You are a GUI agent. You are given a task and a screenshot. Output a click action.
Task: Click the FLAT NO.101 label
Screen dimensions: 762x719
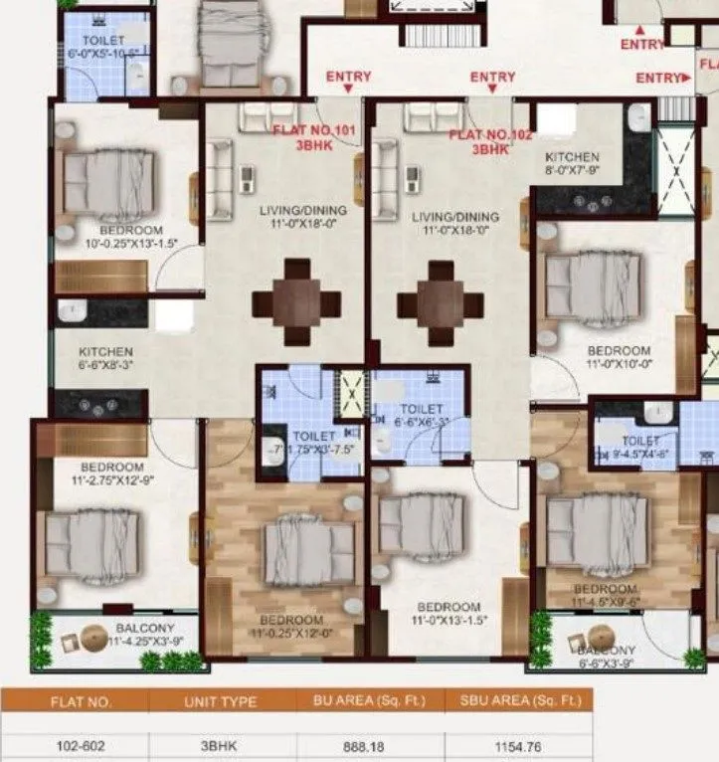[x=314, y=131]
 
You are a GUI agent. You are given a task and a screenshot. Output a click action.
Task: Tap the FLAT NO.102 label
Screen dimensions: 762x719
[x=491, y=135]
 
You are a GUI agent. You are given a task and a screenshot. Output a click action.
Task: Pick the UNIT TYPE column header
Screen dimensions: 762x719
[x=222, y=701]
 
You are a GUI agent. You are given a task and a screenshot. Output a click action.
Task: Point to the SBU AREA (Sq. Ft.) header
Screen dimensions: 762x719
[x=518, y=701]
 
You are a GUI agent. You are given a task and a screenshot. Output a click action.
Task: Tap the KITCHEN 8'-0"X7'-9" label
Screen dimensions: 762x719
[x=572, y=164]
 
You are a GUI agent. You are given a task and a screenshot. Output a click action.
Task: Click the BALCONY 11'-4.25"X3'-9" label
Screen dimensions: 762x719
[x=145, y=635]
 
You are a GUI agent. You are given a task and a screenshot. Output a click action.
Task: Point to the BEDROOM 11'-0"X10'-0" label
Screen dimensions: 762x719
[x=619, y=357]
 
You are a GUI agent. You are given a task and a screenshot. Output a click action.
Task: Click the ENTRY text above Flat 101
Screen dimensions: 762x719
[x=348, y=77]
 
